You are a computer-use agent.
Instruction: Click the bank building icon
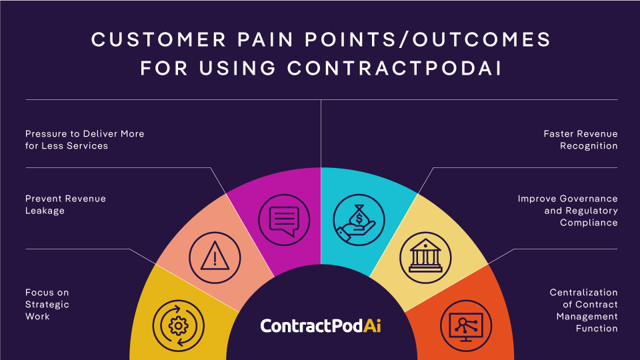coord(425,255)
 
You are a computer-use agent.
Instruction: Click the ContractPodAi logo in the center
coord(321,326)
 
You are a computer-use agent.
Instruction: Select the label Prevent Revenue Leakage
coord(65,204)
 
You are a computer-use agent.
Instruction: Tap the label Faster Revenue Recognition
coord(581,139)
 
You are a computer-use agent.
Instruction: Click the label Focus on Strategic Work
coord(47,304)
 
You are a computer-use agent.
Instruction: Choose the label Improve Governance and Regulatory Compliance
coord(568,210)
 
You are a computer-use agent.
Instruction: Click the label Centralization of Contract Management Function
coord(584,310)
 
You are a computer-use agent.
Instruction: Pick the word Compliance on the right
coord(589,222)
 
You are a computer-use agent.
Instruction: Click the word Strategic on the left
coord(47,304)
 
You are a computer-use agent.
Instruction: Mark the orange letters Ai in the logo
coord(373,326)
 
